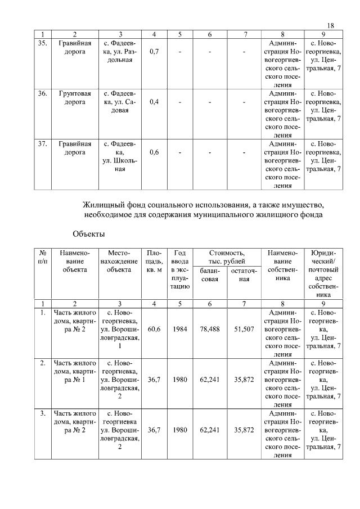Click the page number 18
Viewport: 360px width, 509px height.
click(x=330, y=25)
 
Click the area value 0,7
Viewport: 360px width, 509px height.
click(x=154, y=52)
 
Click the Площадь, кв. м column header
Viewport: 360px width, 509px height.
click(x=154, y=262)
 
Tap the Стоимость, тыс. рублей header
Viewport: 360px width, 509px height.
click(x=227, y=258)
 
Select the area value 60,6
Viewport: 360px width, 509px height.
click(x=154, y=330)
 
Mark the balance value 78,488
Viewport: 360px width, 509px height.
click(x=210, y=330)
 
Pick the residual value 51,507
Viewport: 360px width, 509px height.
click(x=245, y=330)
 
